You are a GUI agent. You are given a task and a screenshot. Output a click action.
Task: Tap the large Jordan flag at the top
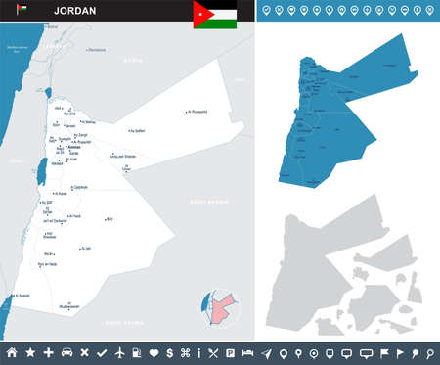click(214, 14)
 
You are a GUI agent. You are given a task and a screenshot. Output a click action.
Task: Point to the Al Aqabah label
click(22, 295)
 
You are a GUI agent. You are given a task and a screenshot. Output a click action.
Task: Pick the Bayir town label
click(109, 219)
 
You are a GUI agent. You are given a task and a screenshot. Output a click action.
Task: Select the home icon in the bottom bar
click(12, 351)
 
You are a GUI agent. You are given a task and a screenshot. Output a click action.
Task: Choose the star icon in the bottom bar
click(30, 351)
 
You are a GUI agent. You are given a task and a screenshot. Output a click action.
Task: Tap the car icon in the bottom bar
click(66, 351)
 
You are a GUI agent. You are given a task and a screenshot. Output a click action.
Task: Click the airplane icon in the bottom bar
click(118, 351)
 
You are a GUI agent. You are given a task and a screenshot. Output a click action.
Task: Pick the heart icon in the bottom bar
click(153, 351)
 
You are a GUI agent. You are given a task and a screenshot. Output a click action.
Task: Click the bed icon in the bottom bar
click(247, 351)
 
